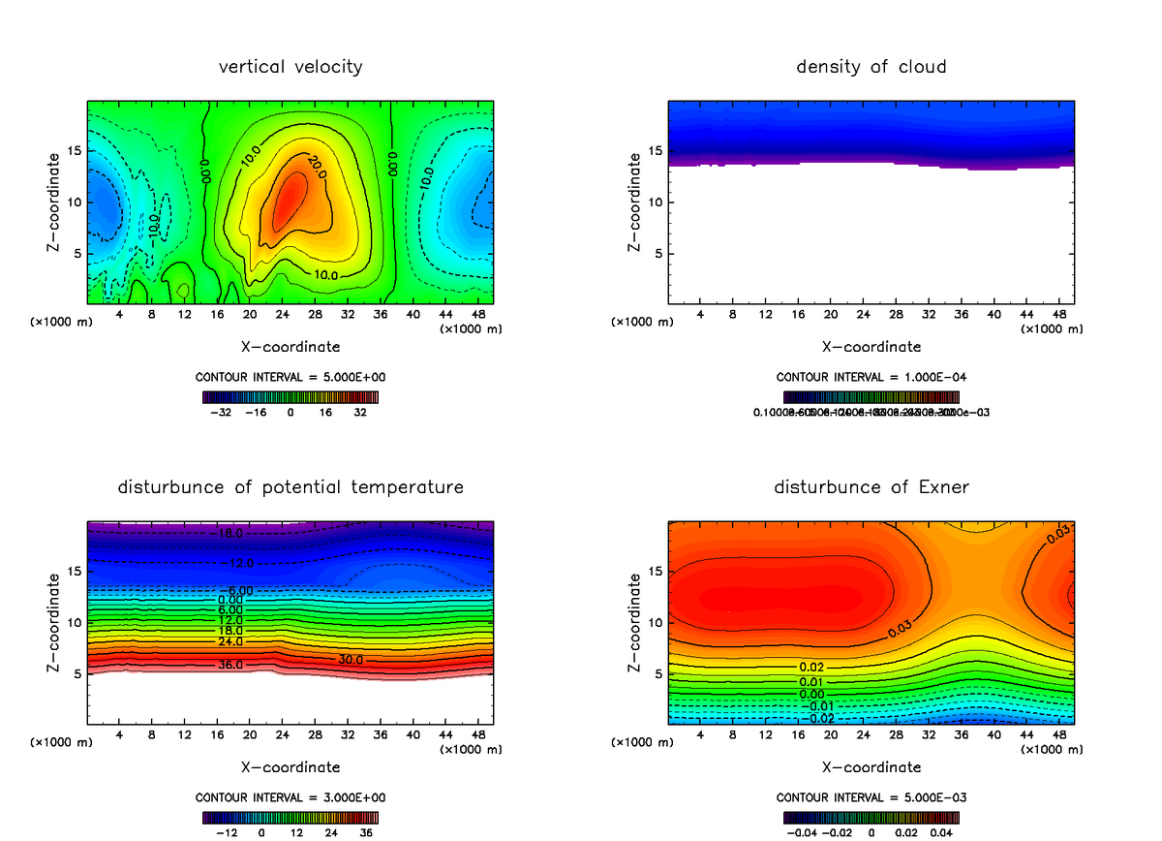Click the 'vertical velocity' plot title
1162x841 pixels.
(x=290, y=67)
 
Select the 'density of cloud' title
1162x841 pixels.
(x=871, y=67)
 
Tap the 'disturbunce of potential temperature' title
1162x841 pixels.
(x=290, y=486)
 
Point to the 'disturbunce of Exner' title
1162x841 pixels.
(x=871, y=486)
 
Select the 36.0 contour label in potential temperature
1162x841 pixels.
(x=229, y=665)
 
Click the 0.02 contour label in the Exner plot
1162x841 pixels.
(x=811, y=668)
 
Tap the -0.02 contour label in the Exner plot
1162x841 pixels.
(x=821, y=718)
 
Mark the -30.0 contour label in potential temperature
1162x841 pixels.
(x=349, y=660)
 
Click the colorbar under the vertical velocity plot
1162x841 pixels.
(x=290, y=396)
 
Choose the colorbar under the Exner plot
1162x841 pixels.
(x=871, y=817)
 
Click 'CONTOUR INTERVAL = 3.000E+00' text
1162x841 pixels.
(x=290, y=797)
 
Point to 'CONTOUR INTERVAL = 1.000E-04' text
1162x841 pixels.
(x=871, y=377)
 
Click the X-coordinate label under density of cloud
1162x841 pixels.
(x=871, y=347)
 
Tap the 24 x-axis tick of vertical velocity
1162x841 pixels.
(x=282, y=315)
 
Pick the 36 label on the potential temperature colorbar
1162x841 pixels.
(x=365, y=832)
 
